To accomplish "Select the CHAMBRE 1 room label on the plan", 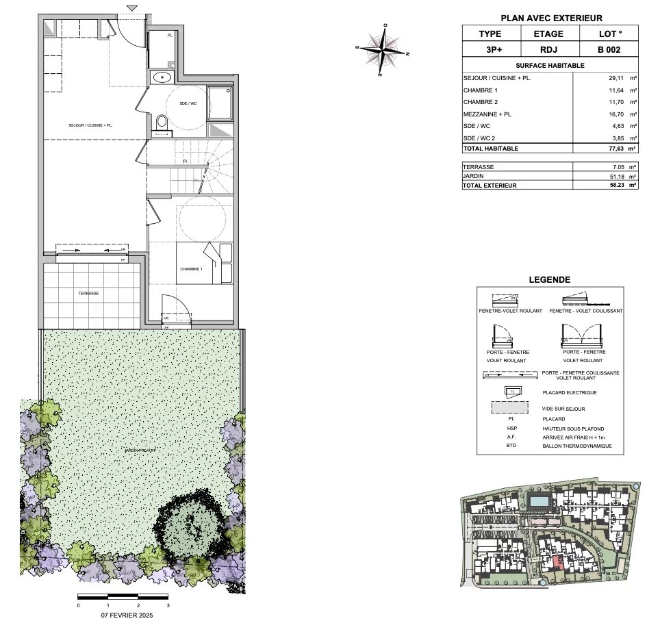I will click(191, 269).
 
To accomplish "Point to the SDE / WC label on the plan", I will click(188, 103).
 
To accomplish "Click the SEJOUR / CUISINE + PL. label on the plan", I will click(90, 126).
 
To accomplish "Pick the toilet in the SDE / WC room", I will click(162, 123).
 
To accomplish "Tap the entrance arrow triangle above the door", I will click(131, 8).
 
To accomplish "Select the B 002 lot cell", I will click(609, 49).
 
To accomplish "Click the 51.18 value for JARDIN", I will click(619, 176).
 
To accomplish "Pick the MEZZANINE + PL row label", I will click(487, 114).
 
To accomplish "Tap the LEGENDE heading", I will click(550, 279).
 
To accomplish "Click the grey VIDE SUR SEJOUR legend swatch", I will click(509, 407).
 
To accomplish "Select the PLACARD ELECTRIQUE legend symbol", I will click(513, 391).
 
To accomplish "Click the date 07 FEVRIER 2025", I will click(123, 615).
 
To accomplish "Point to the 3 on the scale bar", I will click(168, 606).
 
